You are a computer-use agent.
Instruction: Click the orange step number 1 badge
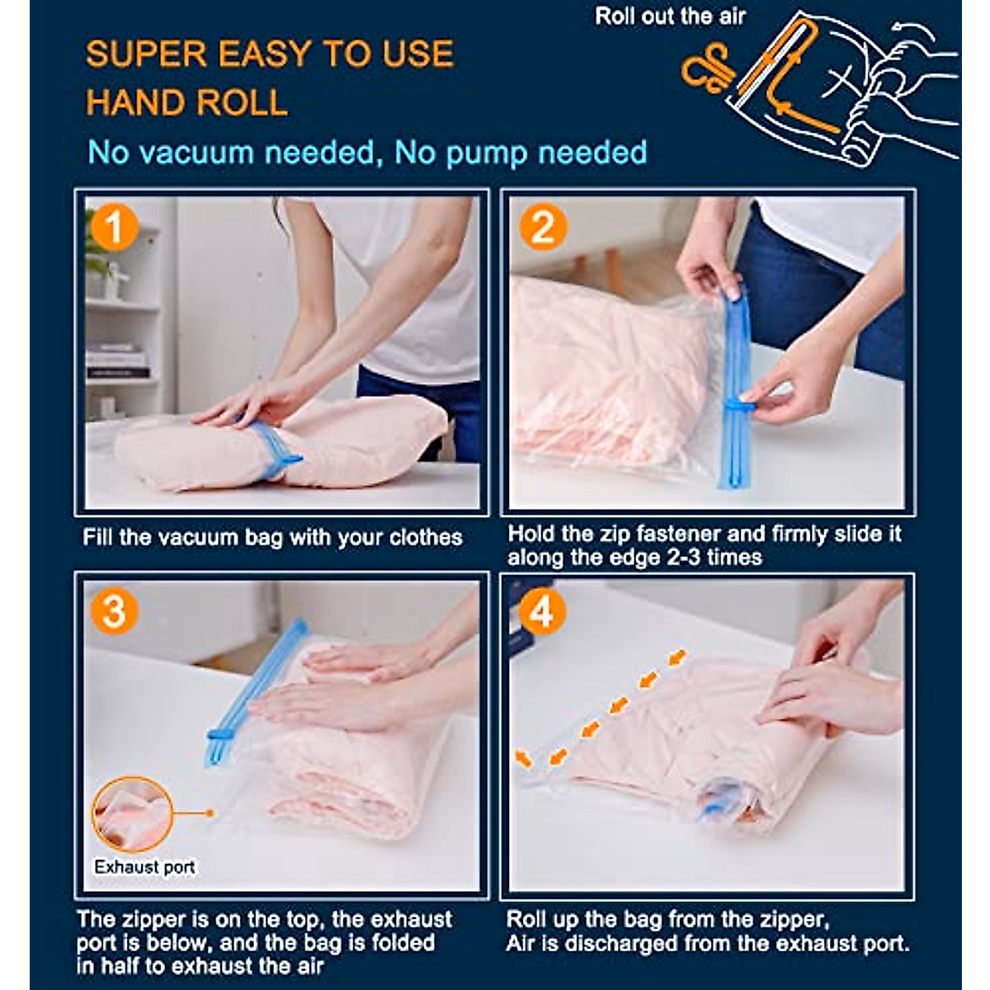[114, 227]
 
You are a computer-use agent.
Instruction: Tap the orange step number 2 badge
[543, 227]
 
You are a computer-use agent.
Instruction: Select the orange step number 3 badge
[114, 611]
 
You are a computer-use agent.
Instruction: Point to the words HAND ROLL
[186, 101]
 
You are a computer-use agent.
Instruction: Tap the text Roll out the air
[670, 16]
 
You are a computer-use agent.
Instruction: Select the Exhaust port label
[144, 867]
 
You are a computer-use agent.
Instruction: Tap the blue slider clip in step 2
[741, 407]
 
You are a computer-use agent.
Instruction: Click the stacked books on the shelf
[118, 359]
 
